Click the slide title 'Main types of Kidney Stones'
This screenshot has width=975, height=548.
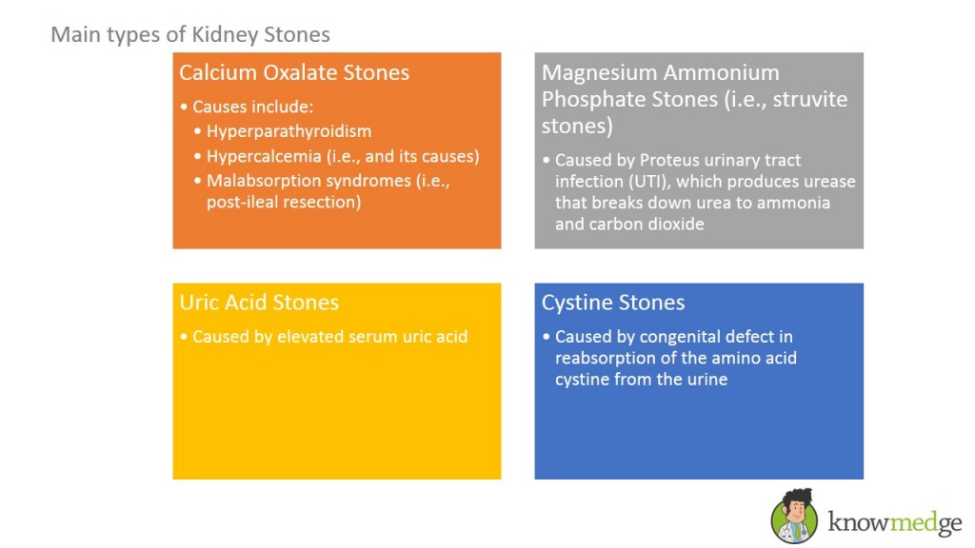point(190,35)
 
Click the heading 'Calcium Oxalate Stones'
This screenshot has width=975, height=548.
point(294,72)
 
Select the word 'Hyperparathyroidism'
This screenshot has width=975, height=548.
point(289,131)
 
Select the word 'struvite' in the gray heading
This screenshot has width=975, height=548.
point(806,99)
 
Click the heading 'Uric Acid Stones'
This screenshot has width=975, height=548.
point(259,303)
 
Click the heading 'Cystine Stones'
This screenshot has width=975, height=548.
point(613,303)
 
